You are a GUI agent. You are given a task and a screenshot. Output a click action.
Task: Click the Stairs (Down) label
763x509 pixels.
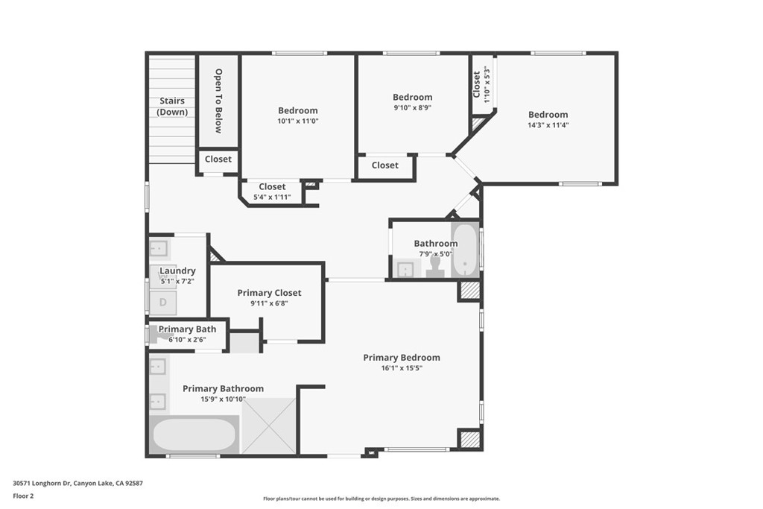click(172, 107)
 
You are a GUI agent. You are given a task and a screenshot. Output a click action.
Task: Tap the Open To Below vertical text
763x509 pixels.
click(218, 101)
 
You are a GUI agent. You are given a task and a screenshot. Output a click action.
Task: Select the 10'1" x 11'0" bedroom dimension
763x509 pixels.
click(298, 121)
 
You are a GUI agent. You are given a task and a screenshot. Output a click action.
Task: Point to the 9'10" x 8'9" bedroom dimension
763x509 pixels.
click(412, 107)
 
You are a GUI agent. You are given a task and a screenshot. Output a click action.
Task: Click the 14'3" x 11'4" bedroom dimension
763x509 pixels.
click(548, 125)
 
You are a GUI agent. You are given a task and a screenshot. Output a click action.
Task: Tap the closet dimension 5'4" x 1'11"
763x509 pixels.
click(271, 197)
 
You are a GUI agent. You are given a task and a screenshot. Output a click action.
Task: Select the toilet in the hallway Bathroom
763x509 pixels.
click(436, 267)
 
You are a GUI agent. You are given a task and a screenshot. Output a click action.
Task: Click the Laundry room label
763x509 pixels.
click(177, 271)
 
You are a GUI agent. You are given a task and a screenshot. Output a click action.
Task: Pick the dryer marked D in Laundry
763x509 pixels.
click(163, 302)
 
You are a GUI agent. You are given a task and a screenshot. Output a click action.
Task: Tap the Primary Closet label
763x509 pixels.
click(269, 293)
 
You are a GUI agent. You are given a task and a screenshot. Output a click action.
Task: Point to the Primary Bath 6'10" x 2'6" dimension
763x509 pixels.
click(187, 340)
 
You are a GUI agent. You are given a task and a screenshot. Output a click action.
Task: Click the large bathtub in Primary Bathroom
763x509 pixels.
click(194, 434)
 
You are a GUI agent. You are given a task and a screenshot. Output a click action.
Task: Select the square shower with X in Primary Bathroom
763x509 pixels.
click(270, 426)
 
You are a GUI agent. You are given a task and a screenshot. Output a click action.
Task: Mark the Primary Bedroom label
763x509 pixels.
click(402, 358)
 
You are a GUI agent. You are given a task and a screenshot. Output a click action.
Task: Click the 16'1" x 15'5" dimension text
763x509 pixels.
click(402, 368)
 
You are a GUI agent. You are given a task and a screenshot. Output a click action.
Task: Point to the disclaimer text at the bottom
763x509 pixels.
click(381, 499)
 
